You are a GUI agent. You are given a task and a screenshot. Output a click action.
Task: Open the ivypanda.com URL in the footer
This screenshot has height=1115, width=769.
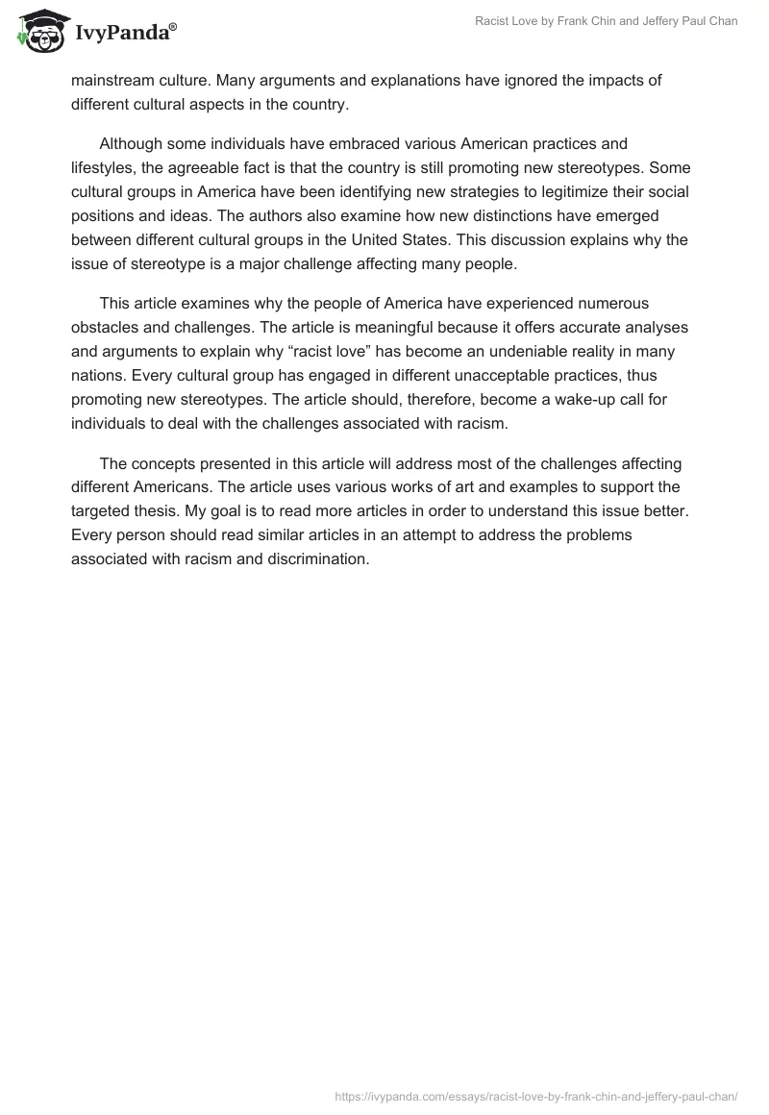pos(535,1095)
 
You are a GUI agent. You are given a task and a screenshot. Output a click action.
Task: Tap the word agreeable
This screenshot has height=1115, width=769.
pos(211,167)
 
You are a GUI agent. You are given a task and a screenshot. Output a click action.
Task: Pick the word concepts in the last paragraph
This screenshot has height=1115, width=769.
pos(163,462)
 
